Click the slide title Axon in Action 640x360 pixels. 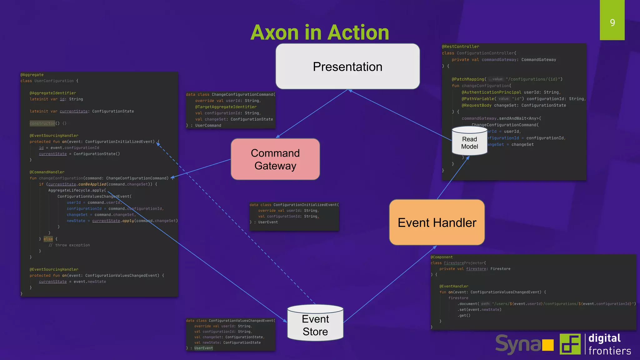[320, 32]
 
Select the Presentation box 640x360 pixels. [347, 67]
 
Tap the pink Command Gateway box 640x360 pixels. [275, 159]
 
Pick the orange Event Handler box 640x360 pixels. [437, 222]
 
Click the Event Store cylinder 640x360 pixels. [315, 325]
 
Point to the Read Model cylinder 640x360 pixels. [469, 142]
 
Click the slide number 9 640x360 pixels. [612, 22]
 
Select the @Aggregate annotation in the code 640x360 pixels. [32, 75]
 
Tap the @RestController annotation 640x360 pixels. [460, 47]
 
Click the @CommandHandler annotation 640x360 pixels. [47, 172]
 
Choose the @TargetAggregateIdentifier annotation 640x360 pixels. [226, 107]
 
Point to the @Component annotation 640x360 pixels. [442, 257]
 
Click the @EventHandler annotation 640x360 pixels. [454, 286]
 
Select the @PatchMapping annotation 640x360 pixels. [468, 79]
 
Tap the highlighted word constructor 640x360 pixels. [42, 123]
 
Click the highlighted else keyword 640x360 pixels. [48, 239]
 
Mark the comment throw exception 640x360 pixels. [69, 245]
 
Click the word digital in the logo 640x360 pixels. [604, 338]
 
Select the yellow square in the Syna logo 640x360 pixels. [547, 345]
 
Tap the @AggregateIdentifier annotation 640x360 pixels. [53, 93]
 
